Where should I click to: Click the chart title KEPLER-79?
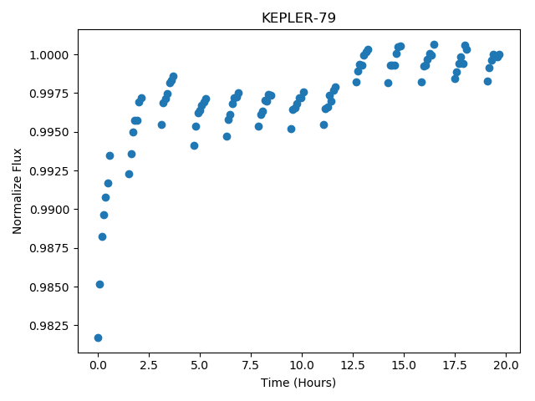pos(298,18)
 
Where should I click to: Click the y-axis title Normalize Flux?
pos(17,191)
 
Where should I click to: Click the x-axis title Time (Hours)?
pos(298,383)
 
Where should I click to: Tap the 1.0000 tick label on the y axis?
pos(49,55)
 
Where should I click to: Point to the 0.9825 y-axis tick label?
pos(49,326)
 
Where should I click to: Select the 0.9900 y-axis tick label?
pos(49,210)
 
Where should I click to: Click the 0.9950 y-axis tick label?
pos(49,132)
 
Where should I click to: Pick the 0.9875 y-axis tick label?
pos(49,248)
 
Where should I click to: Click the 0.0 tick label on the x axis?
pos(98,365)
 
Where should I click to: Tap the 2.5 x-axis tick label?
pos(149,365)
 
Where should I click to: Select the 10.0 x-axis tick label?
pos(302,365)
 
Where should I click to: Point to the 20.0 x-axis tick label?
pos(506,365)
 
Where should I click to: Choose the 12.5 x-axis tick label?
pos(353,365)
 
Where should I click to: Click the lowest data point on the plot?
pos(99,338)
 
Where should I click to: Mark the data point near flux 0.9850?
pos(99,284)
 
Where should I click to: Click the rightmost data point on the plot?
pos(500,54)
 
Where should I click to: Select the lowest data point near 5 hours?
pos(194,146)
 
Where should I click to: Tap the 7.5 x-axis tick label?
pos(251,365)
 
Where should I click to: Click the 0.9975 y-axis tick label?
pos(49,94)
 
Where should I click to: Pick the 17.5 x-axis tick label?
pos(455,365)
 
